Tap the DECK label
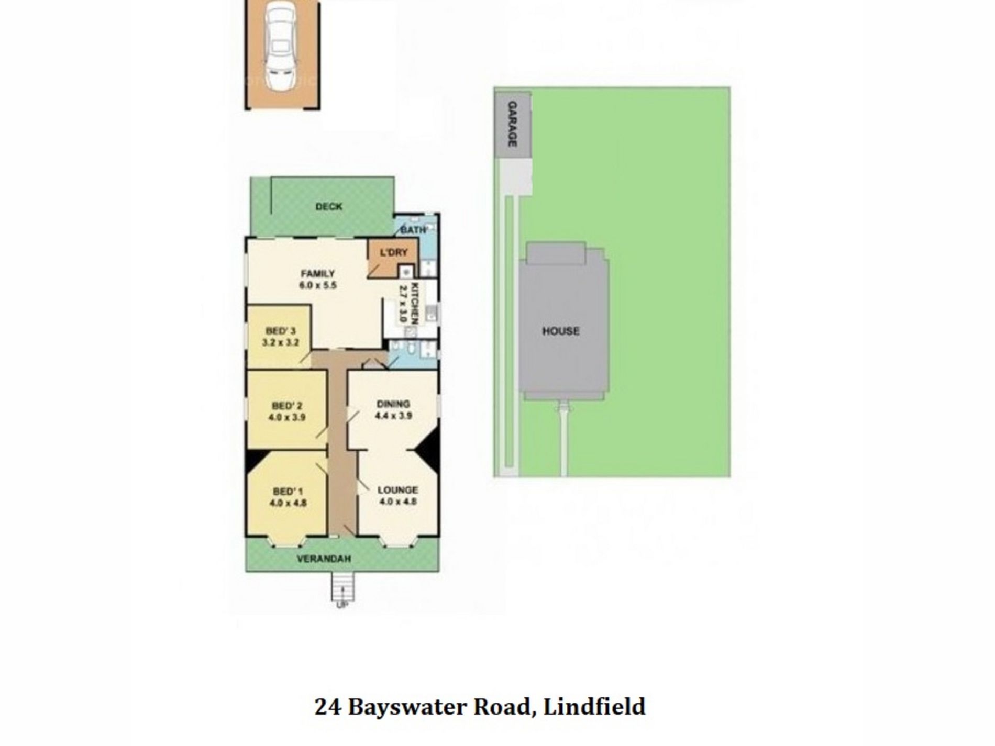click(329, 207)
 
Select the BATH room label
click(413, 230)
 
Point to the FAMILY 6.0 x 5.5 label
click(317, 279)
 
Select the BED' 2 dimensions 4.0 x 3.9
click(287, 418)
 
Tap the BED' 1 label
click(288, 492)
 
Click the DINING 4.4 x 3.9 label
click(393, 410)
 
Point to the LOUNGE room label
click(397, 491)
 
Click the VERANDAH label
click(324, 559)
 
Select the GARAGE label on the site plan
click(513, 125)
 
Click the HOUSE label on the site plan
click(560, 331)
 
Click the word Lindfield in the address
click(594, 707)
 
